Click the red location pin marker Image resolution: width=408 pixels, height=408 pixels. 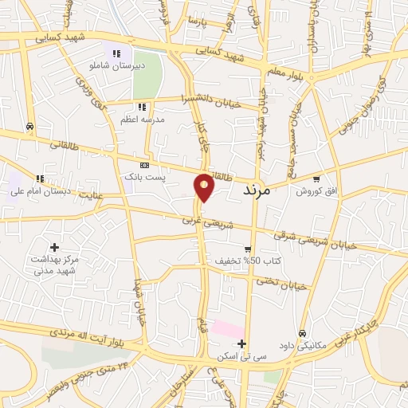click(x=205, y=186)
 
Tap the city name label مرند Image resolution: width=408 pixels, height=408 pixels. click(x=255, y=190)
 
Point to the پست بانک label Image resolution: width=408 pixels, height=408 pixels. click(x=143, y=176)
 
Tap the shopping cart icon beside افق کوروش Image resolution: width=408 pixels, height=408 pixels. click(x=317, y=179)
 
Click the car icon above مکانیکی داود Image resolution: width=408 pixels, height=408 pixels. click(x=302, y=332)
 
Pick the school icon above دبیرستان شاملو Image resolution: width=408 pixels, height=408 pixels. click(x=117, y=54)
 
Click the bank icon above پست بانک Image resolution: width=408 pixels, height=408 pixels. click(x=144, y=164)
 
